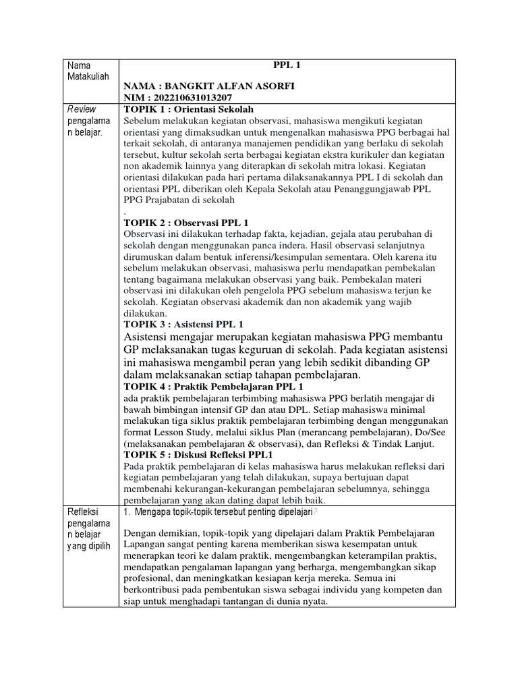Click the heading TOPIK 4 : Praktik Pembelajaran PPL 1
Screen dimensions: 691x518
pos(214,387)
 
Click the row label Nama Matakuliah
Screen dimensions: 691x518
pos(88,71)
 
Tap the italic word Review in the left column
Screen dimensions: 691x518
pos(83,109)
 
